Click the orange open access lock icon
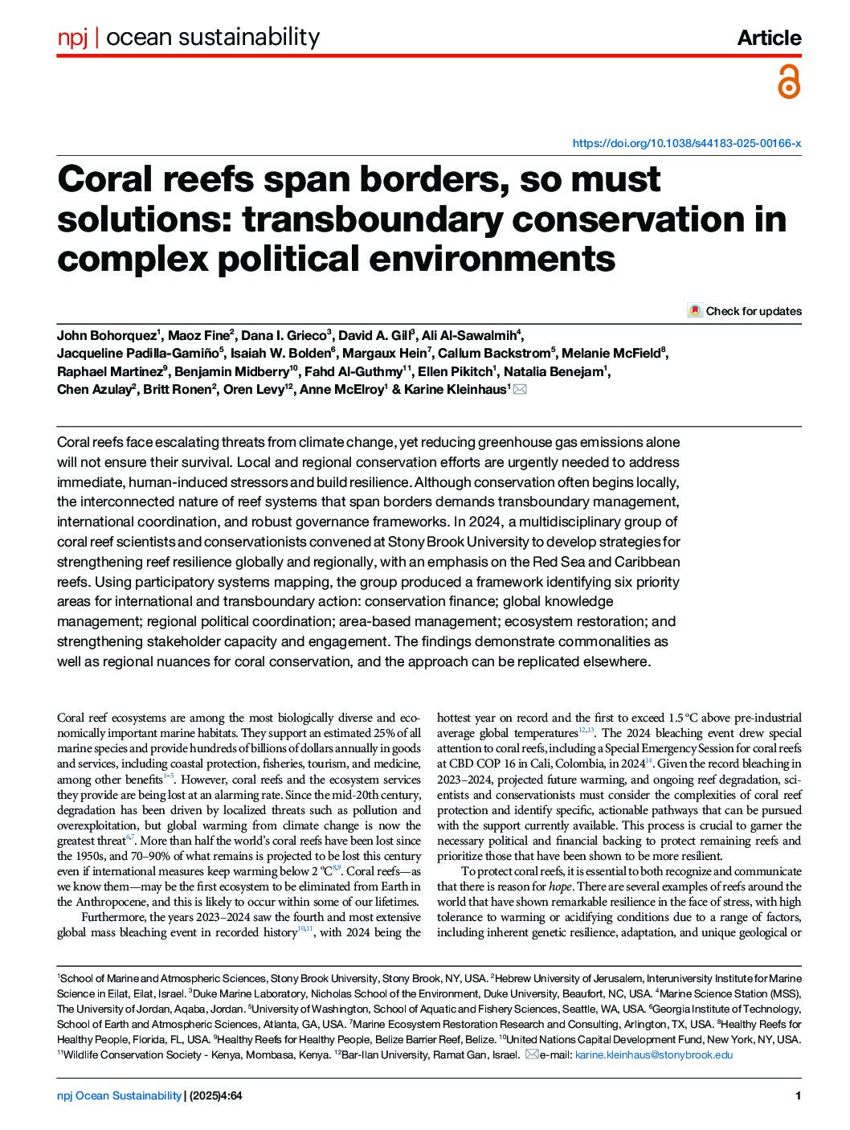(789, 81)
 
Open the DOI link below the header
(686, 143)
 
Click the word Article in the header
(769, 38)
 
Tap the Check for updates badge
(745, 311)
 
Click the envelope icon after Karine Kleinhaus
(520, 390)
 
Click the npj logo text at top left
(72, 37)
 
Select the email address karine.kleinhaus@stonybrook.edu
(654, 1054)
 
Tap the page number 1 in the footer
(798, 1095)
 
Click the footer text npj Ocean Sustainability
(119, 1095)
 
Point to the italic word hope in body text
(560, 886)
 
